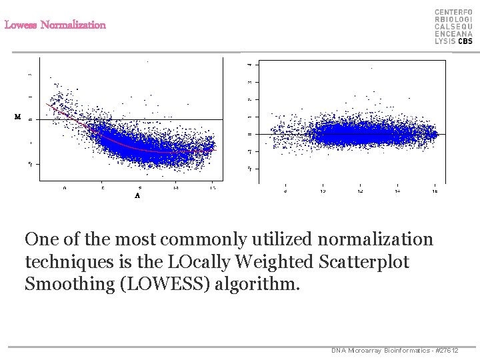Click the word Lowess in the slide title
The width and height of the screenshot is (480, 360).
tap(21, 25)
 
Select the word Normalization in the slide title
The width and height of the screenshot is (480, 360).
tap(73, 25)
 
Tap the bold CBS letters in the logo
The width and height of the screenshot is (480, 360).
tap(465, 41)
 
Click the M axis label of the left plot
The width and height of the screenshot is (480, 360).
tap(18, 117)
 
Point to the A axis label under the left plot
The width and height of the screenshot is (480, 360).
tap(137, 196)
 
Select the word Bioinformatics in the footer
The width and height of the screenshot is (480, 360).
tap(403, 351)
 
